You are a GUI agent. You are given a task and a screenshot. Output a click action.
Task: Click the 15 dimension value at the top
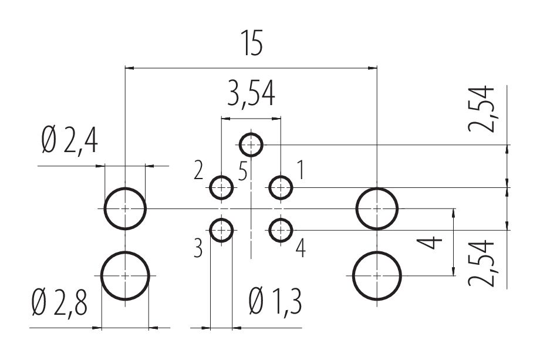(251, 45)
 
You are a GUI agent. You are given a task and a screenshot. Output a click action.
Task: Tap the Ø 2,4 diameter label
(69, 143)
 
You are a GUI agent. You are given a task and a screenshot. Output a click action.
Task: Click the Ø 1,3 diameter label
(275, 304)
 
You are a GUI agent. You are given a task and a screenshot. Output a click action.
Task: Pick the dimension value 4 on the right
(433, 242)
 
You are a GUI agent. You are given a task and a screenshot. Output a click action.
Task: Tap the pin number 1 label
(300, 171)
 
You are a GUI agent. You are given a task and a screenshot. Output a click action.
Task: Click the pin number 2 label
(198, 172)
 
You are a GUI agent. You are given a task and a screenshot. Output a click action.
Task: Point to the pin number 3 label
(198, 249)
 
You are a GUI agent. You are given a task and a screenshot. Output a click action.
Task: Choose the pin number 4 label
(300, 249)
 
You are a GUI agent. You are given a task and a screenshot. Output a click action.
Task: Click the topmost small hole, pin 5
(251, 143)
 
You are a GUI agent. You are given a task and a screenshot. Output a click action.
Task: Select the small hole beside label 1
(281, 188)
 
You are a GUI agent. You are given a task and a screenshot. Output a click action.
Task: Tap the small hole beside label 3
(221, 230)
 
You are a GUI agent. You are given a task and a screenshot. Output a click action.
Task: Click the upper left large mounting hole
(125, 208)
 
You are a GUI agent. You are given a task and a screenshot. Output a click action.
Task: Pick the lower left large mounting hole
(125, 275)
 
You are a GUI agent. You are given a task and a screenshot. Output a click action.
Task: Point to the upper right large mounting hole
(377, 208)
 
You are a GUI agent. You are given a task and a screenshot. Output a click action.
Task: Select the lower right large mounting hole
(377, 275)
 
